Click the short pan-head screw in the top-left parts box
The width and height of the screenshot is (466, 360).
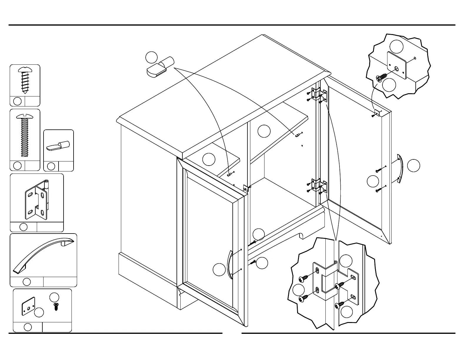25,79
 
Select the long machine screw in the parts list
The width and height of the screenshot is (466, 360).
25,135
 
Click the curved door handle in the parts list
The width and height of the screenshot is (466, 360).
43,254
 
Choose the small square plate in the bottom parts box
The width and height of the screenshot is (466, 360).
28,306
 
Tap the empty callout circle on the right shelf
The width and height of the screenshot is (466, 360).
264,131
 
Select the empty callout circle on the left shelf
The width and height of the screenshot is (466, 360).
209,159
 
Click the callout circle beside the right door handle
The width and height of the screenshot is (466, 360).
414,165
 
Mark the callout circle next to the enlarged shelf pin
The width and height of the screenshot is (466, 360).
152,57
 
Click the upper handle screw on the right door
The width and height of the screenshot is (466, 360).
380,170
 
